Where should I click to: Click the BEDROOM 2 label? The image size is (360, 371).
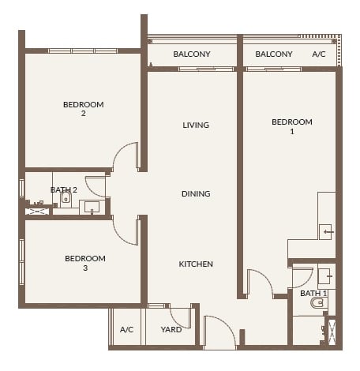pyautogui.click(x=83, y=109)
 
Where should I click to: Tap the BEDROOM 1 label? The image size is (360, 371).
pyautogui.click(x=291, y=126)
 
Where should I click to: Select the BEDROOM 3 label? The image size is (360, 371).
pyautogui.click(x=84, y=263)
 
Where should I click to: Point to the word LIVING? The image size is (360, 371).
pyautogui.click(x=195, y=126)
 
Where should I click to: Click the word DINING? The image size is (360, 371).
pyautogui.click(x=195, y=193)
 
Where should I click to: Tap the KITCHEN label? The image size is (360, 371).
pyautogui.click(x=195, y=264)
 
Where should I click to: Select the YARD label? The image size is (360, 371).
pyautogui.click(x=171, y=330)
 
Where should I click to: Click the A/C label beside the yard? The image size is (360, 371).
pyautogui.click(x=126, y=330)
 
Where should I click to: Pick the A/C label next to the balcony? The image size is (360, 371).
pyautogui.click(x=319, y=54)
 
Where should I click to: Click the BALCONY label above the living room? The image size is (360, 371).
pyautogui.click(x=191, y=54)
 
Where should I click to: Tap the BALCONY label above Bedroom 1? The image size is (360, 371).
pyautogui.click(x=274, y=54)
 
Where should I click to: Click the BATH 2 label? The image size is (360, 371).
pyautogui.click(x=63, y=190)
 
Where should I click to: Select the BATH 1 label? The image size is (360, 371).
pyautogui.click(x=313, y=294)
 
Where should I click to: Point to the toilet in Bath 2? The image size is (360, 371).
pyautogui.click(x=66, y=200)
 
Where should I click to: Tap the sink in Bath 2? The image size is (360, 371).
pyautogui.click(x=91, y=208)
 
